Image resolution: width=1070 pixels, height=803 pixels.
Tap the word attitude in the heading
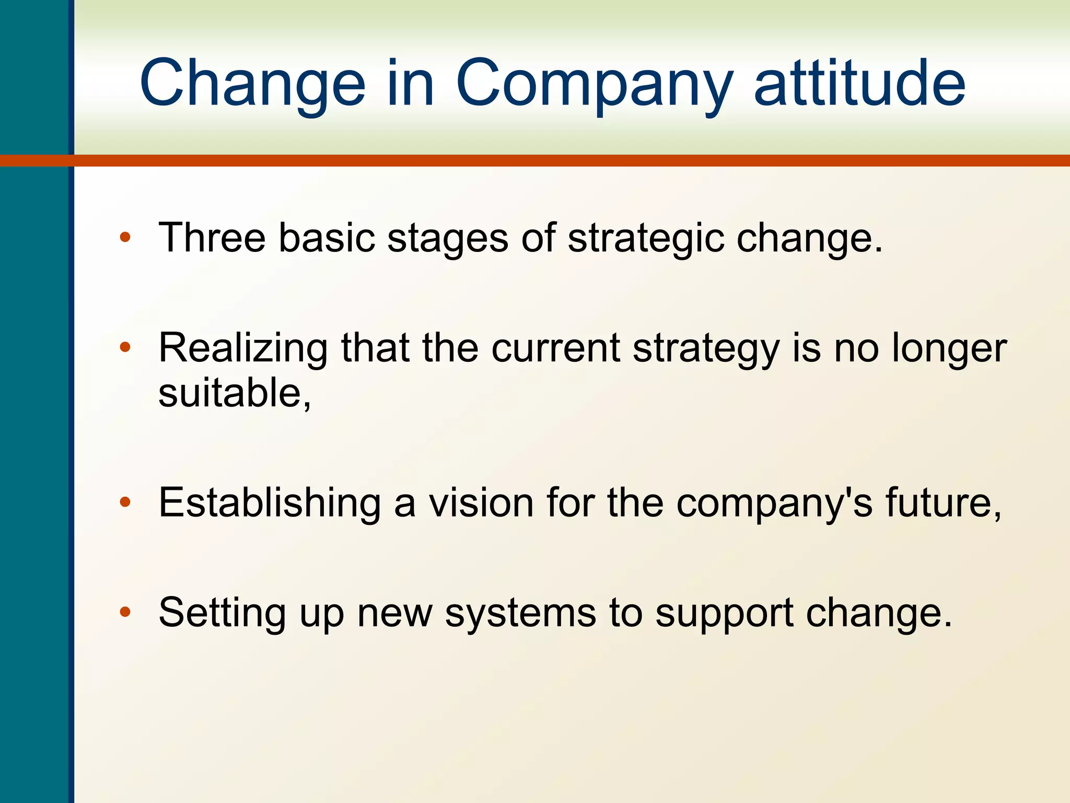(859, 84)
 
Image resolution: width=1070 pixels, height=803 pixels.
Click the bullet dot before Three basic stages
(125, 237)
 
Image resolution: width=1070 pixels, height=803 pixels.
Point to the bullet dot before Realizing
(125, 347)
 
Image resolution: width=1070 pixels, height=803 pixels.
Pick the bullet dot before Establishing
(125, 502)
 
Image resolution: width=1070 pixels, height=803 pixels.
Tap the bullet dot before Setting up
(125, 612)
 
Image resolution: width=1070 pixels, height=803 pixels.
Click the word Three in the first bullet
(212, 237)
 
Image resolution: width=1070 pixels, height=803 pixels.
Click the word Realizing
(243, 348)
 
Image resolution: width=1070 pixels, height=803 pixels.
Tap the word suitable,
(234, 393)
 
